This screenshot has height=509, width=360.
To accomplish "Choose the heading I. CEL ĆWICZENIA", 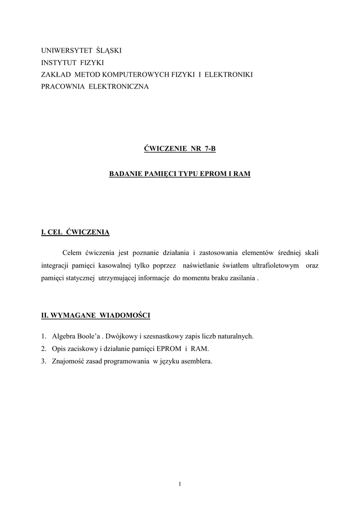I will (75, 232).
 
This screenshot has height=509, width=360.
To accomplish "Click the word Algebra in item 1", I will (63, 337).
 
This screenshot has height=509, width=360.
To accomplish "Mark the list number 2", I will (44, 349).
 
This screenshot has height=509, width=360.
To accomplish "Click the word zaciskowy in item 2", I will (82, 349).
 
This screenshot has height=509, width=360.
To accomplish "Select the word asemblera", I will (195, 361).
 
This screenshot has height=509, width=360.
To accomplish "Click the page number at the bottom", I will (180, 484).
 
